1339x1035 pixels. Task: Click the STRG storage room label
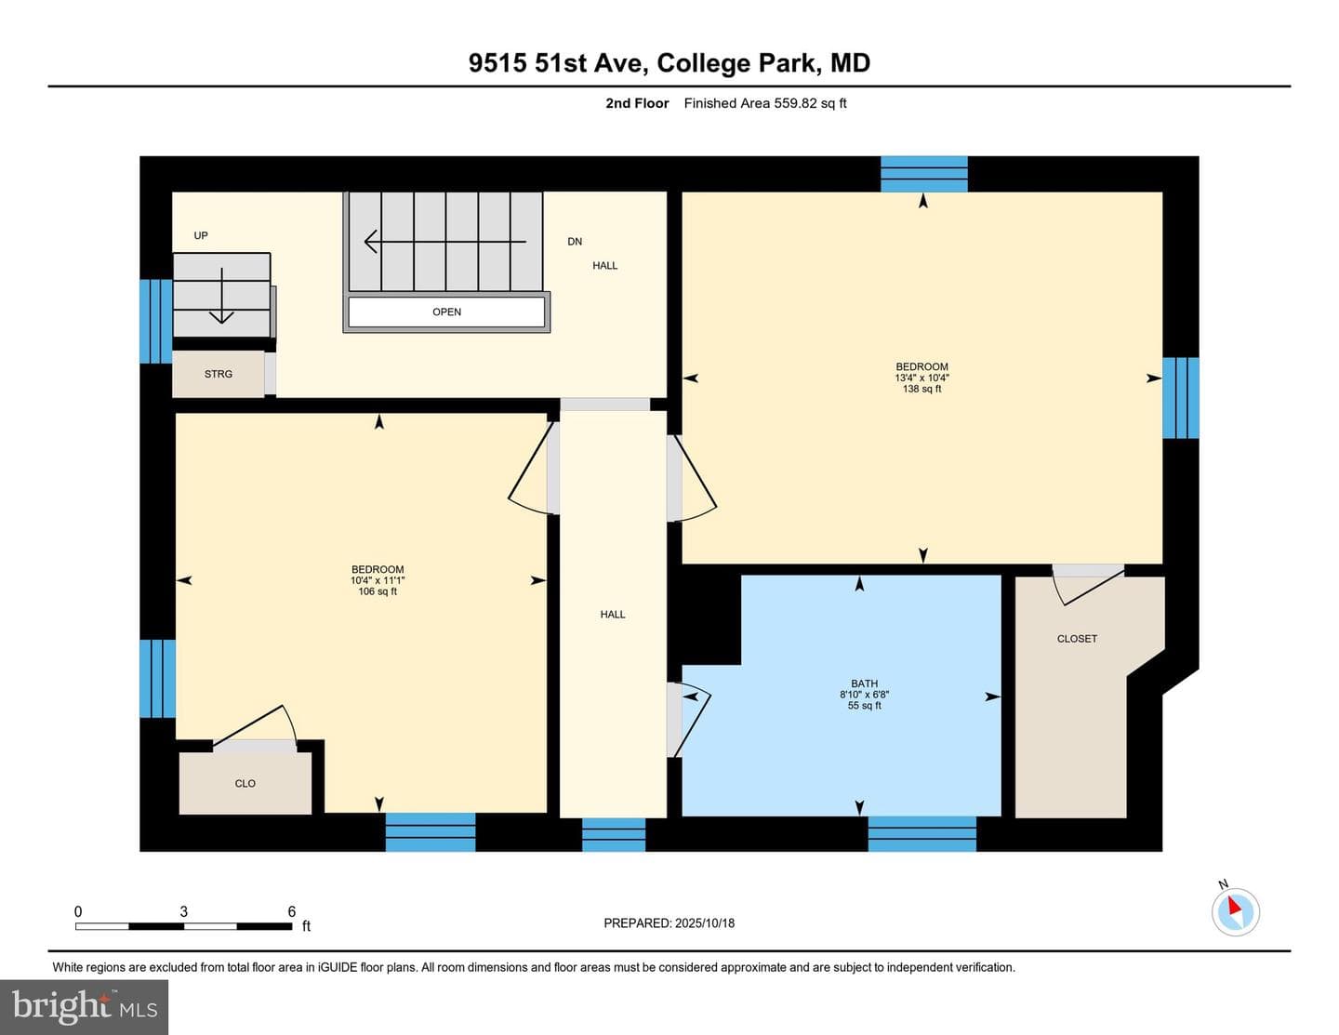(219, 374)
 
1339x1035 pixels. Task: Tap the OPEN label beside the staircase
(446, 312)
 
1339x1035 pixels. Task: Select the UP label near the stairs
(201, 235)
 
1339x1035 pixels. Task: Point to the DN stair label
(575, 242)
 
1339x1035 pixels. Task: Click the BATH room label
(864, 683)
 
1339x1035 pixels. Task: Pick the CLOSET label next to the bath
(1077, 639)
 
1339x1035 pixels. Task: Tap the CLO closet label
(245, 784)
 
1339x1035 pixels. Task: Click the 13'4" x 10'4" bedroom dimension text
(921, 378)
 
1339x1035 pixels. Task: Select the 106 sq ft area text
(378, 591)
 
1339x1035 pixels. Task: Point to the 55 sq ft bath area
(864, 706)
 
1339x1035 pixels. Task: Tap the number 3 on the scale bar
(183, 911)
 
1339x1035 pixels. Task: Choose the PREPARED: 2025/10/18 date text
(669, 922)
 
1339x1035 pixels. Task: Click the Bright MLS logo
(84, 1007)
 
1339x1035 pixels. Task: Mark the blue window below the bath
(921, 834)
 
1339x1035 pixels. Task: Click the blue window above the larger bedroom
(923, 174)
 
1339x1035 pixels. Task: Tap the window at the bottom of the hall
(614, 835)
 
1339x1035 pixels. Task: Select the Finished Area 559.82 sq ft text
(764, 103)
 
